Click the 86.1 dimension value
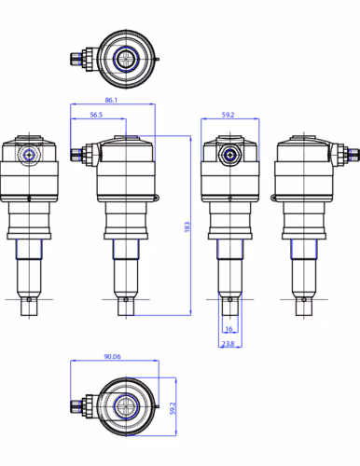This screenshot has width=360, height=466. [111, 100]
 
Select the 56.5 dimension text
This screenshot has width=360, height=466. [96, 115]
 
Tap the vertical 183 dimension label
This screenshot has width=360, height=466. [187, 226]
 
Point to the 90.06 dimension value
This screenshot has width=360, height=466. [112, 356]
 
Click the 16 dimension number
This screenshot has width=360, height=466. [229, 329]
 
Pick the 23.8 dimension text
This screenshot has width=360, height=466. [228, 344]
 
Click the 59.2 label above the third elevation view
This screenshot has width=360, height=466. [228, 115]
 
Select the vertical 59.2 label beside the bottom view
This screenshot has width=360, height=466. [173, 408]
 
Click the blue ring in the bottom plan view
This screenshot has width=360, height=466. [126, 405]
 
